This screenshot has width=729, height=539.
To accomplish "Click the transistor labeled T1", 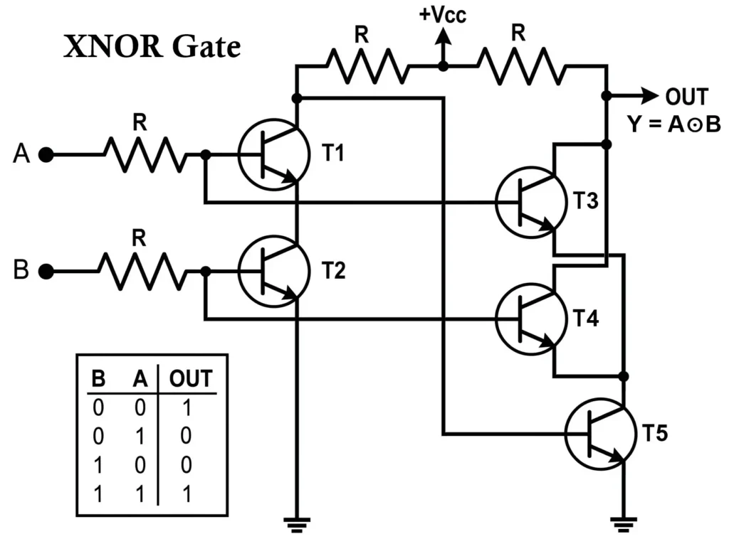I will pyautogui.click(x=273, y=154).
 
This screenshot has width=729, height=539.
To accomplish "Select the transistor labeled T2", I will pyautogui.click(x=273, y=272).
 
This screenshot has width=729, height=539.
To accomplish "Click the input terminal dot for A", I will pyautogui.click(x=46, y=154).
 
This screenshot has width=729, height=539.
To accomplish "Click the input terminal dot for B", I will pyautogui.click(x=46, y=272).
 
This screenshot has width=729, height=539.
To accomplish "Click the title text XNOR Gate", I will pyautogui.click(x=152, y=48).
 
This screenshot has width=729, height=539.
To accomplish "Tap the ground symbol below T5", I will pyautogui.click(x=623, y=524).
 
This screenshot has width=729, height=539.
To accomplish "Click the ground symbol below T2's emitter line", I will pyautogui.click(x=297, y=524).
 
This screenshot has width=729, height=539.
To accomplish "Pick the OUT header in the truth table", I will pyautogui.click(x=190, y=378).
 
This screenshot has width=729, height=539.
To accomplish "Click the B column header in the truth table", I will pyautogui.click(x=98, y=378).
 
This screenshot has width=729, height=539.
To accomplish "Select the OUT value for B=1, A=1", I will pyautogui.click(x=186, y=493).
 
